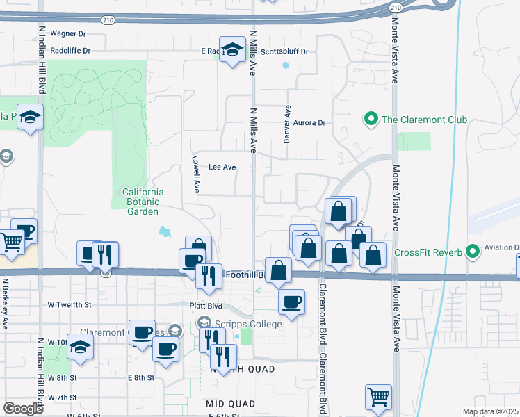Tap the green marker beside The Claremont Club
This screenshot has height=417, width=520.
[x=371, y=120]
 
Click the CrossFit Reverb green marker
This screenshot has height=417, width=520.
[x=473, y=250]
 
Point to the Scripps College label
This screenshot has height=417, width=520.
[x=248, y=324]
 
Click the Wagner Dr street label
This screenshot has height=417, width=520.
[x=67, y=33]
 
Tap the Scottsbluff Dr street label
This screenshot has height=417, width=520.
[x=284, y=51]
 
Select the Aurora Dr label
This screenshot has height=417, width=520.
[x=309, y=123]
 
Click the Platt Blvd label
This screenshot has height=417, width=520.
[x=205, y=305]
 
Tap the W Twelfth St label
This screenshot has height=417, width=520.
[x=70, y=305]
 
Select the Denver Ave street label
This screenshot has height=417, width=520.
[x=286, y=124]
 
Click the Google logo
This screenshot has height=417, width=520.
[x=23, y=409]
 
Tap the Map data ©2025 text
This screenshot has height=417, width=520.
[x=489, y=411]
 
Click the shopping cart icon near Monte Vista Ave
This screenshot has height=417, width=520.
[x=378, y=398]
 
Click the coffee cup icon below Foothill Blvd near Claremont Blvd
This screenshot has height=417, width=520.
[x=291, y=302]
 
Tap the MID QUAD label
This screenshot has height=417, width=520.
[x=230, y=403]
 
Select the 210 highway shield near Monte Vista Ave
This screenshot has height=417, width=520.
[x=396, y=7]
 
